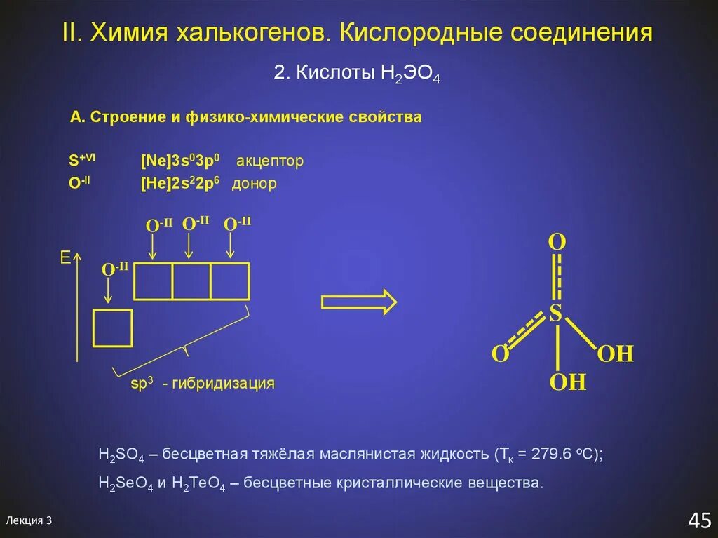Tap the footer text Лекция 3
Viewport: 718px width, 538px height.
29,520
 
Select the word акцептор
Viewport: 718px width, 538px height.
270,161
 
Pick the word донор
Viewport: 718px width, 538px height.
255,184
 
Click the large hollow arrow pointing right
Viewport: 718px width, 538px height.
358,302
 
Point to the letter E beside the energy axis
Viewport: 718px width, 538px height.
65,259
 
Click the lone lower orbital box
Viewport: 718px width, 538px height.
113,328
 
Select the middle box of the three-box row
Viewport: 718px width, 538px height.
191,281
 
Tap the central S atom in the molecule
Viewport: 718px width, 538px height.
555,314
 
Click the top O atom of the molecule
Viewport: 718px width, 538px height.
556,243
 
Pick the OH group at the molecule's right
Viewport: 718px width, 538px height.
615,354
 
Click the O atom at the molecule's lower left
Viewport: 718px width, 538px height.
499,354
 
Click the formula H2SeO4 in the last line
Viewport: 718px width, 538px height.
126,484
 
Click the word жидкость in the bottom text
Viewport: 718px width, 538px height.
455,454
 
